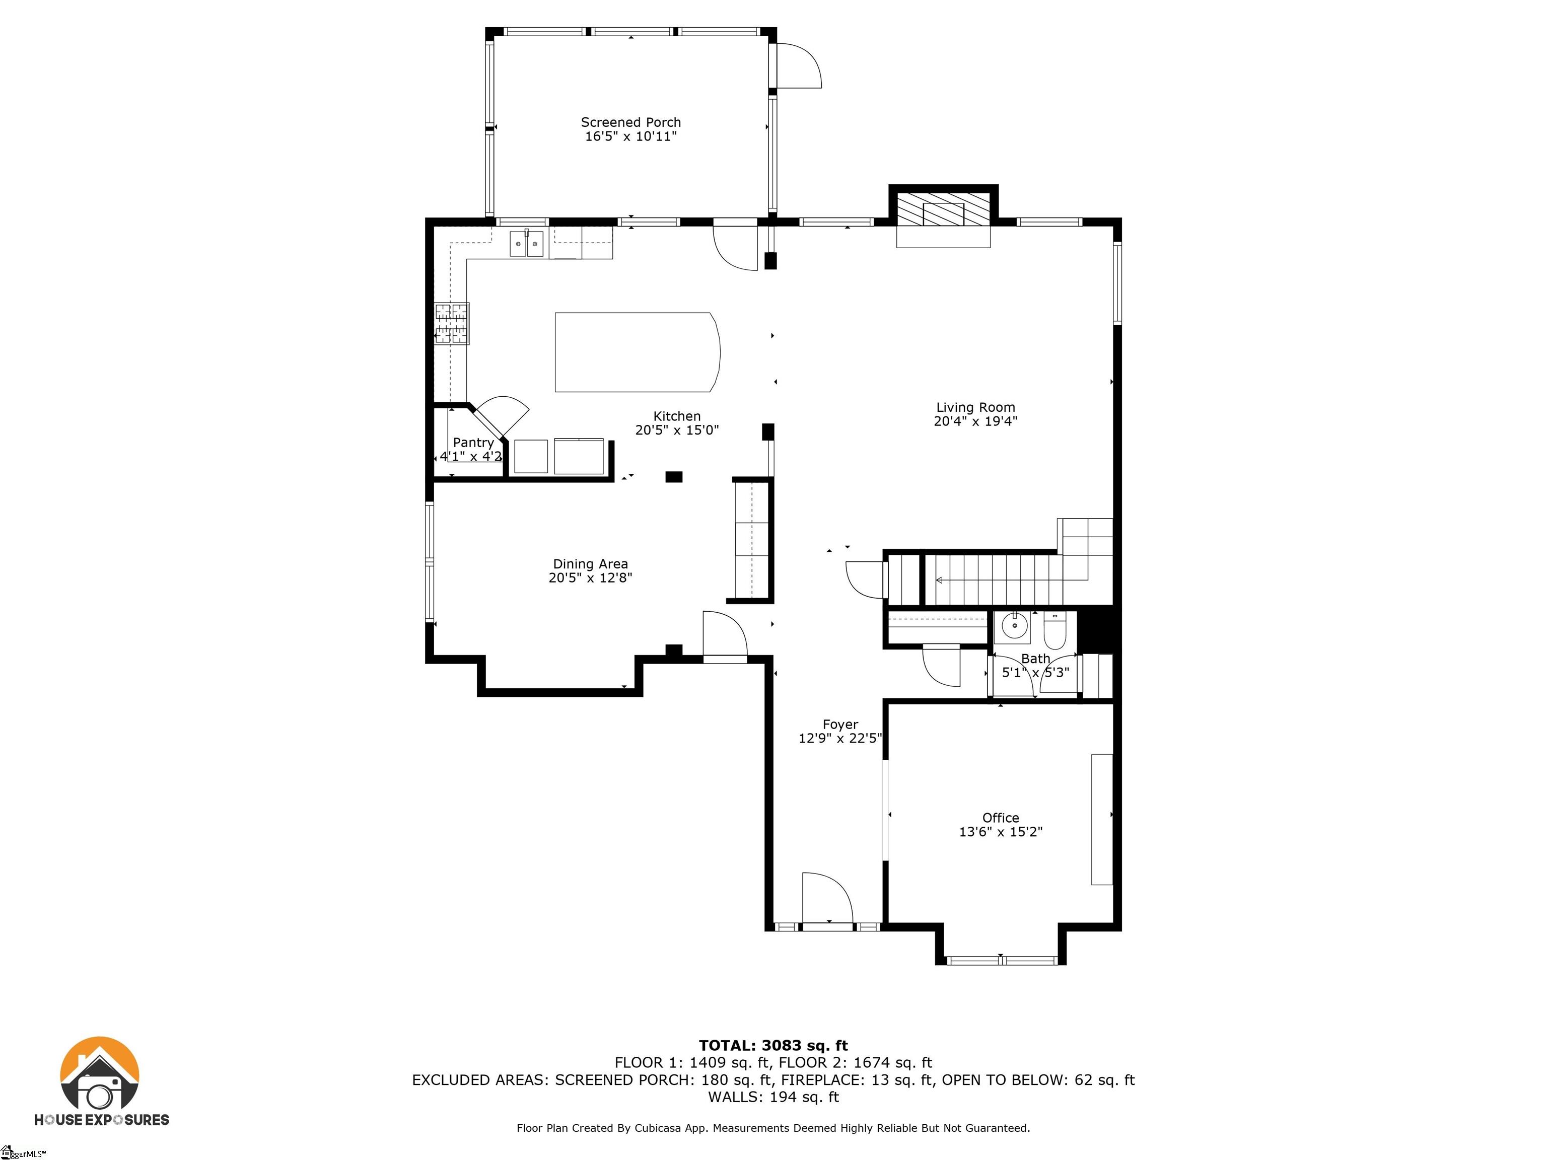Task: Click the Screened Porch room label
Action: tap(631, 122)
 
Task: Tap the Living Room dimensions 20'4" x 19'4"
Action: tap(975, 421)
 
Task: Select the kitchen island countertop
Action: tap(637, 352)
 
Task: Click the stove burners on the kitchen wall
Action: tap(452, 323)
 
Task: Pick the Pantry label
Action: tap(473, 443)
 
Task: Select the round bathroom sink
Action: tap(1014, 626)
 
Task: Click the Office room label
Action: tap(1001, 818)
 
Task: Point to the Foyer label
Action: tap(840, 724)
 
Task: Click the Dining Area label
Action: tap(590, 563)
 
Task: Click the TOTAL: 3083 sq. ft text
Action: tap(773, 1045)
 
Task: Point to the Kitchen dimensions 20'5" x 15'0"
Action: tap(677, 430)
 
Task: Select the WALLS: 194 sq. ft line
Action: tap(773, 1097)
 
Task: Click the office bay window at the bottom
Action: tap(1001, 960)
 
